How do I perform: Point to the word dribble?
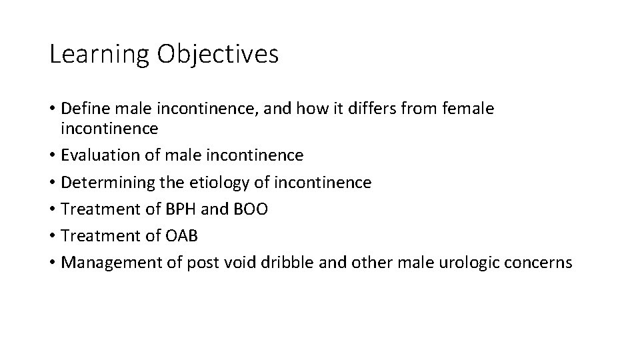[311, 263]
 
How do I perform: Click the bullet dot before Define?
[52, 109]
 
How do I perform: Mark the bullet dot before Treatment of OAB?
[52, 237]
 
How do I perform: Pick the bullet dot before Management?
[52, 263]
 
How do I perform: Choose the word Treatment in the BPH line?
[98, 209]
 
